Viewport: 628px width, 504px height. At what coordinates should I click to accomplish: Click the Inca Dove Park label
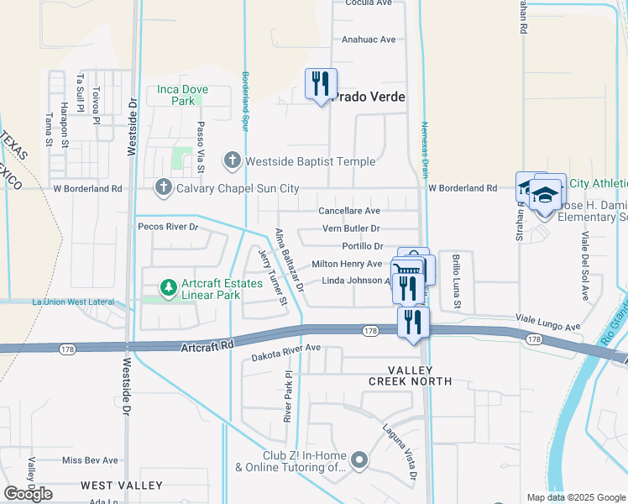[x=176, y=95]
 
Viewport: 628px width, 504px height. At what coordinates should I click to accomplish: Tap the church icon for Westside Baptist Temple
[x=233, y=160]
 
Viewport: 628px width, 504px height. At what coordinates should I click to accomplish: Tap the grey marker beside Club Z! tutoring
[x=359, y=459]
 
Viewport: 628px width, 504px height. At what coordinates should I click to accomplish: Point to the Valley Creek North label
[x=409, y=375]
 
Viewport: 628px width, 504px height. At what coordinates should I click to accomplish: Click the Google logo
[x=28, y=493]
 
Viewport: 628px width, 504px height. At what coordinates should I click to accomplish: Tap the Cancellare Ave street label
[x=349, y=211]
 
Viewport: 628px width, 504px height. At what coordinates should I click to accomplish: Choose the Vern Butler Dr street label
[x=351, y=228]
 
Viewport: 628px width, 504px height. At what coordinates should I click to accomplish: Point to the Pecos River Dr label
[x=168, y=227]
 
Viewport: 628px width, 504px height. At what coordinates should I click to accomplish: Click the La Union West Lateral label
[x=72, y=301]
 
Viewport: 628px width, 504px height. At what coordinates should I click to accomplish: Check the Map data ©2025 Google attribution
[x=575, y=497]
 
